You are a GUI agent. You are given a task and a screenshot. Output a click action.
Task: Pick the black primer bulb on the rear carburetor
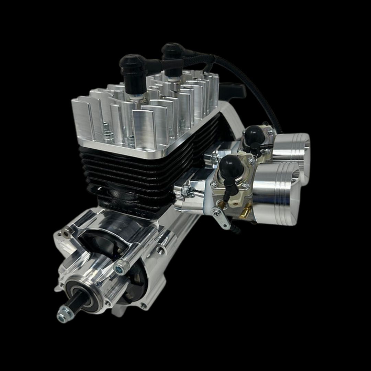click(x=255, y=134)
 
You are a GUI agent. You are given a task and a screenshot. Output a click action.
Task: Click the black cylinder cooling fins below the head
click(x=137, y=172)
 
